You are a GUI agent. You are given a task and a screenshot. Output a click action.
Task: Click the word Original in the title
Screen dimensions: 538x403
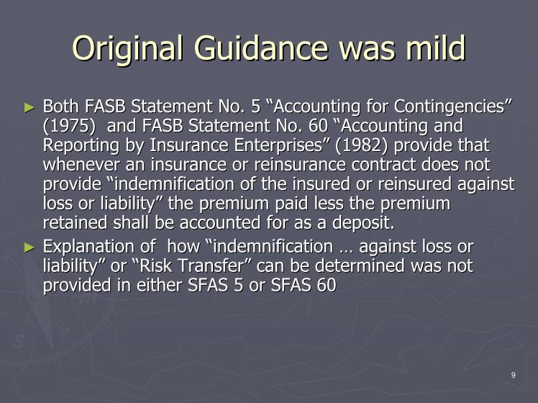(x=127, y=49)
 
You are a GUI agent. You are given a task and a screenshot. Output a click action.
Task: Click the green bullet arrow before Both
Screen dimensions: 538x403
(x=29, y=108)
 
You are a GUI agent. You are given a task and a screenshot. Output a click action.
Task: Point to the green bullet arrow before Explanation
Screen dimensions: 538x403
(x=29, y=248)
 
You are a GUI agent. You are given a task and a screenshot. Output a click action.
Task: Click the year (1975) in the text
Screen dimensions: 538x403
(x=69, y=126)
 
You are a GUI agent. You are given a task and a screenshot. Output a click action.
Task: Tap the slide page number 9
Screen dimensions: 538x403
(x=514, y=375)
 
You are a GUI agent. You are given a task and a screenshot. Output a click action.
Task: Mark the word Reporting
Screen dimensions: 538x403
(x=81, y=146)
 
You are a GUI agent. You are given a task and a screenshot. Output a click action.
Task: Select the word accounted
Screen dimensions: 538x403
(x=220, y=223)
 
